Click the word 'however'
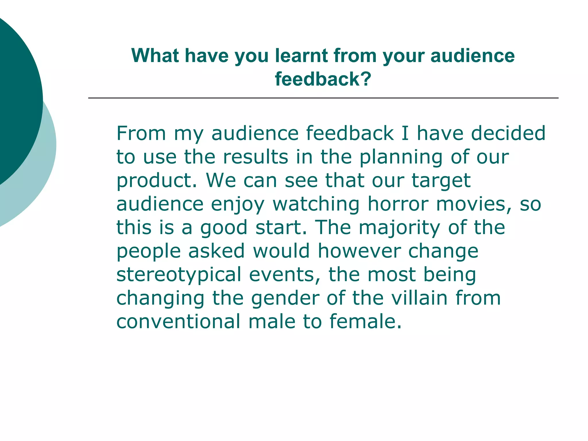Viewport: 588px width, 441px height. pyautogui.click(x=359, y=251)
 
